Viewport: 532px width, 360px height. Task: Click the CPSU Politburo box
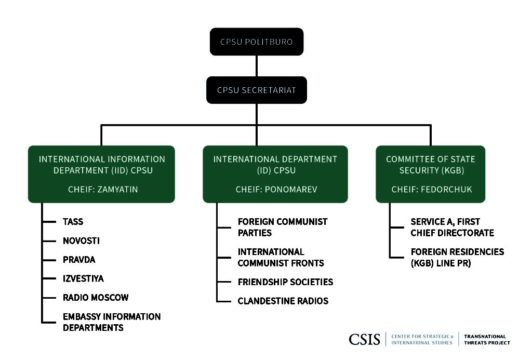click(257, 42)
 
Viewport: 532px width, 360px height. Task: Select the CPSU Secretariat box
click(257, 90)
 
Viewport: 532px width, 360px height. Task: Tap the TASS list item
click(73, 222)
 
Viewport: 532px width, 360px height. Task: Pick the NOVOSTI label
click(81, 241)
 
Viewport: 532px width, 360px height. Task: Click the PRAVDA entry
click(79, 260)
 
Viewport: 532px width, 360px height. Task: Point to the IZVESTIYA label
click(83, 278)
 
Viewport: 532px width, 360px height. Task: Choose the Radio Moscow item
click(96, 298)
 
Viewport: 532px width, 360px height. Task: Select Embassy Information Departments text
click(111, 322)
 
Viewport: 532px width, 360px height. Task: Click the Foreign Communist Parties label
click(282, 227)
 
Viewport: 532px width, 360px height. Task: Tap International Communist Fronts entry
click(281, 257)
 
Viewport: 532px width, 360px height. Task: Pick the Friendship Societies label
click(285, 282)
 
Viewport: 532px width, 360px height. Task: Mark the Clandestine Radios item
click(283, 301)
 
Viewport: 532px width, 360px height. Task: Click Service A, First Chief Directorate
click(452, 227)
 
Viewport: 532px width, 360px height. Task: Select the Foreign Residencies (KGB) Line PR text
click(457, 257)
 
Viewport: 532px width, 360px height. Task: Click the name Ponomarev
click(290, 190)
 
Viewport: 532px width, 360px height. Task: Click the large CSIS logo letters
click(365, 339)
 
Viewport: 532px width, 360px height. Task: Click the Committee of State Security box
click(430, 174)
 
